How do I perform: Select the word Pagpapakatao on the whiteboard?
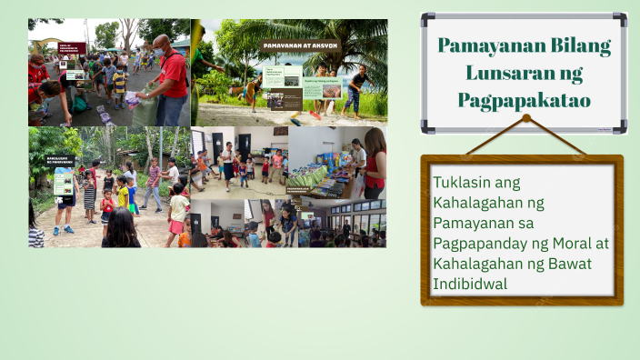[x=524, y=99]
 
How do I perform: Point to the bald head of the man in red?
[x=160, y=41]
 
